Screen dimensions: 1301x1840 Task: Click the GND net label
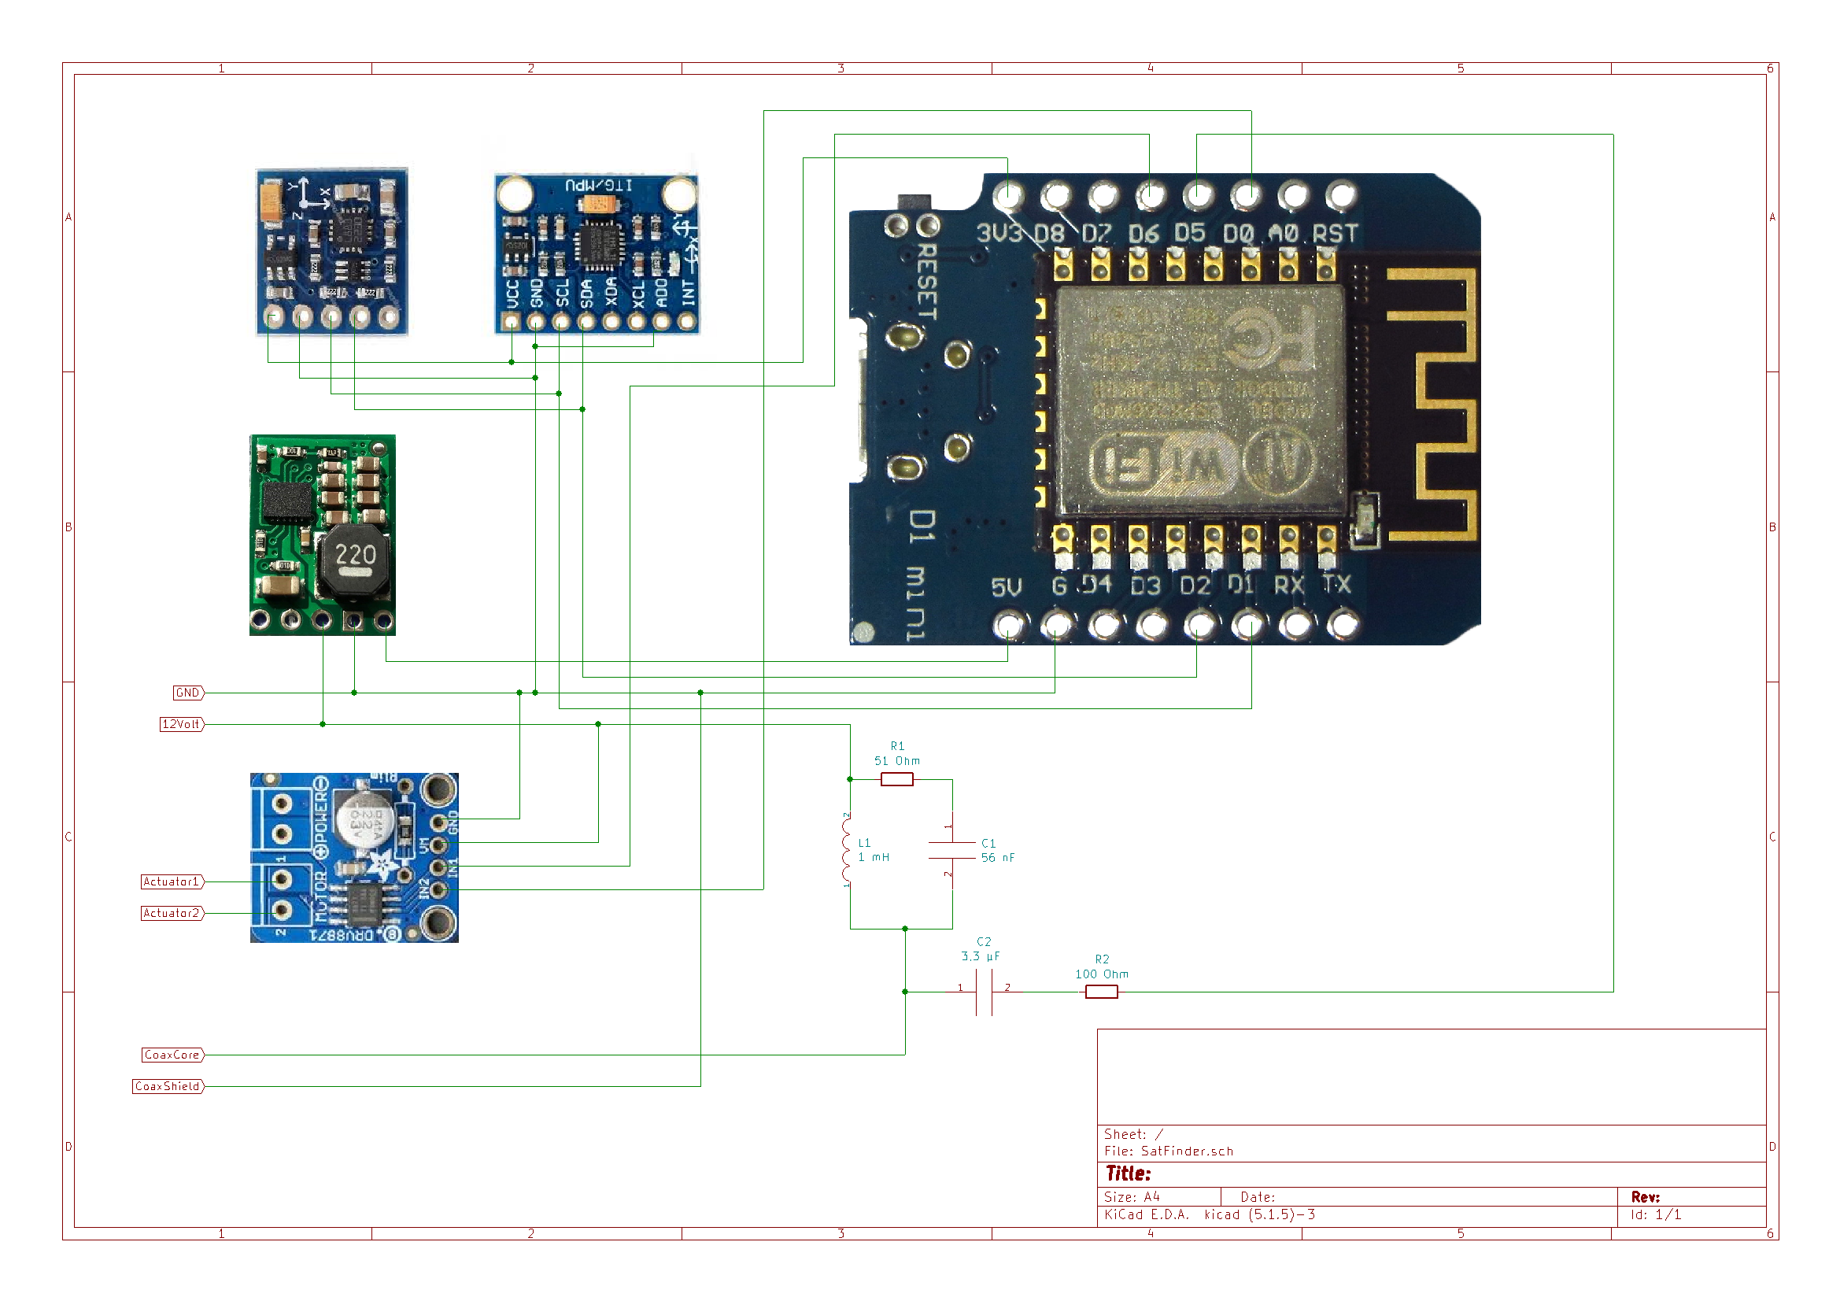click(x=187, y=693)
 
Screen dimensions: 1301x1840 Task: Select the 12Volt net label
click(x=181, y=724)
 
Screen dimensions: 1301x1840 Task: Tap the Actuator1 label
click(x=172, y=882)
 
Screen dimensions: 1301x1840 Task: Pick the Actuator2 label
click(x=172, y=913)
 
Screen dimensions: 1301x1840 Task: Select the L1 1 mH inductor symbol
click(x=847, y=850)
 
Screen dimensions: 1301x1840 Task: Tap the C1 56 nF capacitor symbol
click(x=952, y=851)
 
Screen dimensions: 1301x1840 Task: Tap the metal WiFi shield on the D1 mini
click(x=1200, y=399)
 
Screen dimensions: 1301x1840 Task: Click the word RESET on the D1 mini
click(x=926, y=283)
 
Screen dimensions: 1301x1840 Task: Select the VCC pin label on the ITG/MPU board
click(x=513, y=294)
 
